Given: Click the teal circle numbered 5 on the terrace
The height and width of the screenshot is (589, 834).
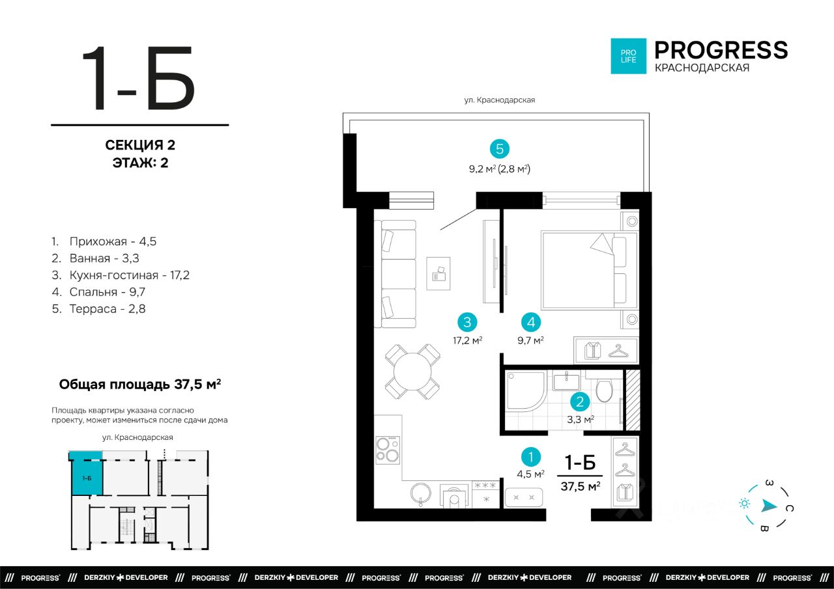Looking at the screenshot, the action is (x=499, y=149).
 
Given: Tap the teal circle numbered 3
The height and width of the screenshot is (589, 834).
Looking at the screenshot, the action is (x=467, y=322).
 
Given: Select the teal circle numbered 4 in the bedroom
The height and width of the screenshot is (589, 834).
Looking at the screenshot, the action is (x=531, y=322).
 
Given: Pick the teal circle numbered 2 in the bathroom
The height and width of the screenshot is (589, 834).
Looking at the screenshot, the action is (x=580, y=402).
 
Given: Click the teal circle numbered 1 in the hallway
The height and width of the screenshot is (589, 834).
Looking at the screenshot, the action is (x=531, y=457).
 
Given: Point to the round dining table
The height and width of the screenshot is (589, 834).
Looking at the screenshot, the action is (x=412, y=372).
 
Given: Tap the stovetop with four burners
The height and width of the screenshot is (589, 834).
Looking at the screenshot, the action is (x=388, y=450).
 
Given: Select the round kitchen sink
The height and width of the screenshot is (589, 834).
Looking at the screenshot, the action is (x=421, y=493).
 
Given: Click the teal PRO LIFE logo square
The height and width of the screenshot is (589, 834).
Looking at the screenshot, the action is (x=629, y=56).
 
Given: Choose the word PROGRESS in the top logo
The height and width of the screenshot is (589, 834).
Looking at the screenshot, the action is (x=721, y=50).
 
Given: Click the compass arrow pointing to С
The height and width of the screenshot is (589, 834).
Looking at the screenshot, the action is (x=769, y=506).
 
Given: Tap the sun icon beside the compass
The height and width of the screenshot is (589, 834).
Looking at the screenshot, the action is (x=744, y=504).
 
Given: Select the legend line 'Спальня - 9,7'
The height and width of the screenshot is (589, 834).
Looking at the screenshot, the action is (x=98, y=292).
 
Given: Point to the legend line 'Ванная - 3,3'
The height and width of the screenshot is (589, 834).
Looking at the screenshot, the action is (x=95, y=258).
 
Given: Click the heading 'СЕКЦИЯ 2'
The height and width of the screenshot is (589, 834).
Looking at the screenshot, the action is (x=140, y=145).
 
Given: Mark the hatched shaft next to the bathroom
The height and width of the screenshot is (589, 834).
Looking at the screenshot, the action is (x=633, y=400).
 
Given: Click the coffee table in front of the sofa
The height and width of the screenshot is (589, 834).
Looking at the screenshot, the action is (x=439, y=273).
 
